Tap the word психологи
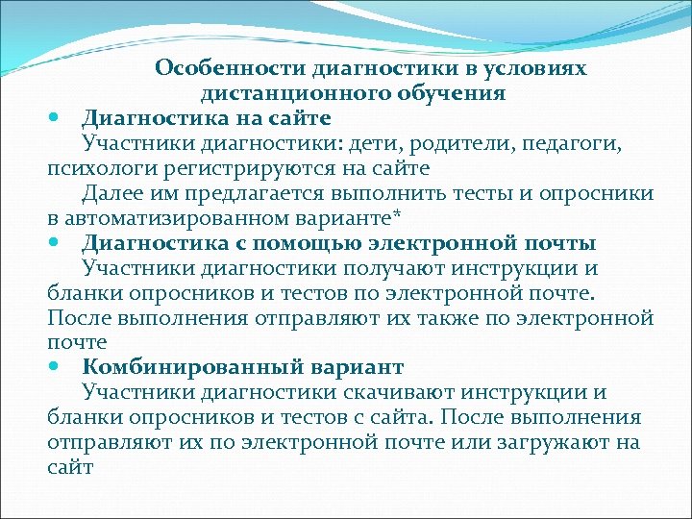click(x=91, y=168)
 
